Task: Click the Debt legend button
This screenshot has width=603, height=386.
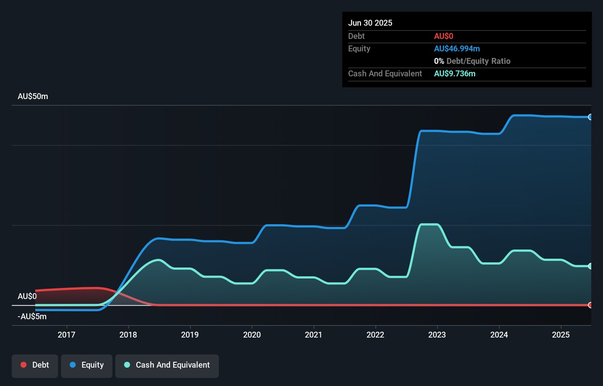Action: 35,366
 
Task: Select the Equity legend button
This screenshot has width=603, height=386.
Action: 86,366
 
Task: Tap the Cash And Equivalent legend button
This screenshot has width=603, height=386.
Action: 167,366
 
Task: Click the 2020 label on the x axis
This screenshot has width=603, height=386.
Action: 252,335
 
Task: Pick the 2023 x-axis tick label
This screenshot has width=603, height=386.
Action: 437,335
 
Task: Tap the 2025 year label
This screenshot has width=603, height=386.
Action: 561,335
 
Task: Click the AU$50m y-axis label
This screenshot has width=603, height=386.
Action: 33,96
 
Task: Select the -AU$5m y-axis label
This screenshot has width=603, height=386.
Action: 32,317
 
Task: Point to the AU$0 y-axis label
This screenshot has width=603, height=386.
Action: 27,296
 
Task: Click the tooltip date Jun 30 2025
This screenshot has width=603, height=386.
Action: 370,23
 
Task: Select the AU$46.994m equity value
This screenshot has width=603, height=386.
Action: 457,49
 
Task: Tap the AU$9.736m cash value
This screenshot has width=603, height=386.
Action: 455,74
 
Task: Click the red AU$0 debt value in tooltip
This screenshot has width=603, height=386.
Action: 443,36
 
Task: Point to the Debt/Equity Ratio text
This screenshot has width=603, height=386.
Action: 478,61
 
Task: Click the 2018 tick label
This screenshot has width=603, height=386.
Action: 128,335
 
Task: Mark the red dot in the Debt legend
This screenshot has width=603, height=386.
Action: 24,365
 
